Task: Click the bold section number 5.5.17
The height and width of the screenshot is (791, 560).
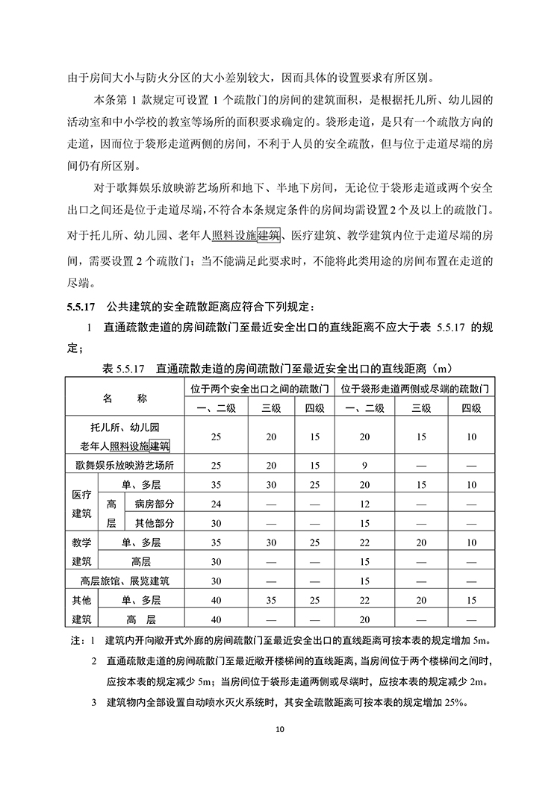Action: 81,306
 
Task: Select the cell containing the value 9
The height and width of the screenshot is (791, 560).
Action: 365,466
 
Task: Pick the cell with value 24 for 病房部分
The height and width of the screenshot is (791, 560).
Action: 216,504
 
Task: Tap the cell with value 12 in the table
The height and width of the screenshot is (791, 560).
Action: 365,504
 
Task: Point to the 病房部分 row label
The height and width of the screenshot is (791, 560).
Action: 155,504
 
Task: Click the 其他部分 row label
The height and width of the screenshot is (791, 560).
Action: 155,523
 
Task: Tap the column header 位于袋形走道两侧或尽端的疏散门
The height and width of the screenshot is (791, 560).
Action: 415,390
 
